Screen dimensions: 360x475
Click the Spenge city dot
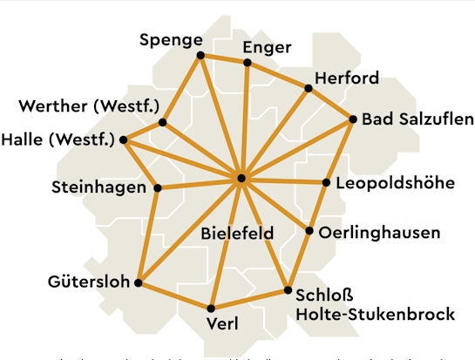coord(200,55)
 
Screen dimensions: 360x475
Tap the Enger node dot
coord(248,63)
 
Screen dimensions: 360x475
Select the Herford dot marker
coord(308,88)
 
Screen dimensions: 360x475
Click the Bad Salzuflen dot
coord(353,119)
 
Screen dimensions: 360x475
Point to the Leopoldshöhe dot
coord(326,183)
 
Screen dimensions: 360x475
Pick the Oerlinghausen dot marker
coord(310,231)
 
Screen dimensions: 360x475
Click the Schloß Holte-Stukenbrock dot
coord(288,290)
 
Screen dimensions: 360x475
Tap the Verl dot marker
coord(211,308)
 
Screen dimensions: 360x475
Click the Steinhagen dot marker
coord(158,187)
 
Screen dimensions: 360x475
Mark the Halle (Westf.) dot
coord(124,139)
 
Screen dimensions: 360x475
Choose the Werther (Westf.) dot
coord(162,123)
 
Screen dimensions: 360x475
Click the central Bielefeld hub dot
coord(241,179)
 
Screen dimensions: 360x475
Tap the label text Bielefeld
coord(237,234)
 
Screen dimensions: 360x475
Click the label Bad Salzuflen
coord(418,119)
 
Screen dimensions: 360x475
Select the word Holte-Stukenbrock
coord(376,313)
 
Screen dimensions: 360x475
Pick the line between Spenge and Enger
coord(224,59)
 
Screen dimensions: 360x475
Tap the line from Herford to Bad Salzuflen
coord(330,104)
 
